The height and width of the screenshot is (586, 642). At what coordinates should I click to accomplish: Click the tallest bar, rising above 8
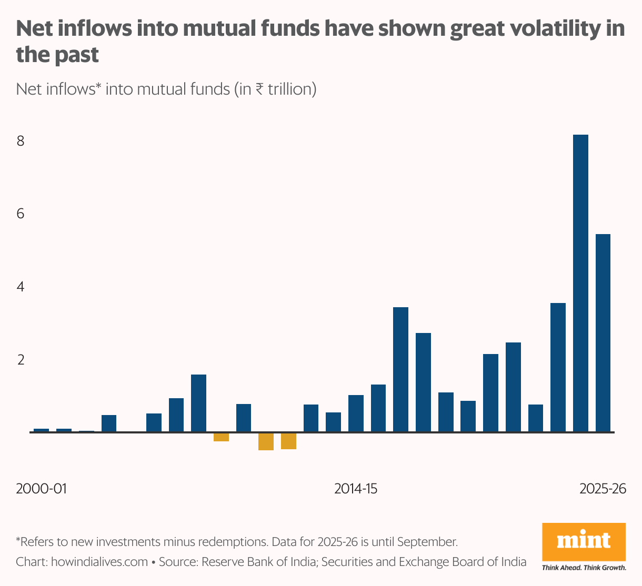click(580, 284)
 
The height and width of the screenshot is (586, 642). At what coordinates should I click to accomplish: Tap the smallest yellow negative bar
click(221, 437)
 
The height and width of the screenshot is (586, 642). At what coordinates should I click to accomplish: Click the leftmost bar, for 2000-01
click(41, 430)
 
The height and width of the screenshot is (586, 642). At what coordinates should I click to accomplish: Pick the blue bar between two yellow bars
click(244, 418)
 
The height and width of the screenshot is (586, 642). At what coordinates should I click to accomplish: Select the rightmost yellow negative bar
click(288, 441)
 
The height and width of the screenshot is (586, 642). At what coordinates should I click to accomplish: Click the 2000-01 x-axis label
click(41, 489)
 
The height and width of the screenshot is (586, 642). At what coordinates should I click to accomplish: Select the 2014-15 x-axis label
click(356, 489)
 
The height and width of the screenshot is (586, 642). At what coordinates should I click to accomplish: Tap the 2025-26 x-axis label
click(603, 489)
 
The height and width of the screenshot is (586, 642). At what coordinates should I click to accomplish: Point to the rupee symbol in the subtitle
click(259, 89)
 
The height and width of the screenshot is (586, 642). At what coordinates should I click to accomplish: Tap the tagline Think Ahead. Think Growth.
click(584, 568)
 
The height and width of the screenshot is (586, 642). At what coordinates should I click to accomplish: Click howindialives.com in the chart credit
click(99, 562)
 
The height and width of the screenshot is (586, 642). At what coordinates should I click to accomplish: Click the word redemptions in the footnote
click(229, 542)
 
